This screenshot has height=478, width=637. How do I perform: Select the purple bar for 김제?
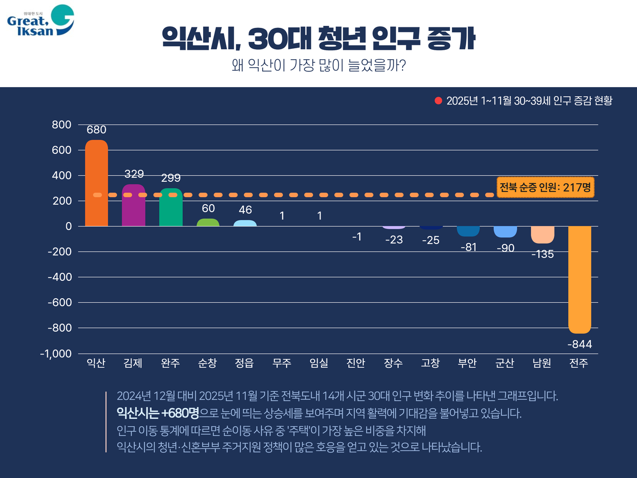133,205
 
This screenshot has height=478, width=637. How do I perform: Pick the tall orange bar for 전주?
580,279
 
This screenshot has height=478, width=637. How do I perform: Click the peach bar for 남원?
542,235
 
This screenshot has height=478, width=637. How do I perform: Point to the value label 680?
97,130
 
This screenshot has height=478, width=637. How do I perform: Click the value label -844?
580,345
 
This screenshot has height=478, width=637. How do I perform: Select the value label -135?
542,254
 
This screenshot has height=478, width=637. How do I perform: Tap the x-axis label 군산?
505,363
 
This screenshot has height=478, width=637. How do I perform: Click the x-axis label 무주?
282,363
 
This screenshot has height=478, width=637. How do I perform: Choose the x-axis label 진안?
356,363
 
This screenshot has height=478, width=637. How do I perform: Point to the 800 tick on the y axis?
62,125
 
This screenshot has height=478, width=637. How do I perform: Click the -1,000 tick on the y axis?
56,354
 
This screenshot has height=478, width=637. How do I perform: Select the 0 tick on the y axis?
69,227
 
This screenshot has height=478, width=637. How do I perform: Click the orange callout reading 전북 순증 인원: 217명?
545,188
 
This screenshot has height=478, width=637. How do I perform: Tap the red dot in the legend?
438,101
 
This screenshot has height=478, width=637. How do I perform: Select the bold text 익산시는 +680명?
158,413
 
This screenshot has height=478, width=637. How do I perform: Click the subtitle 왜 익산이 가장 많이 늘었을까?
318,66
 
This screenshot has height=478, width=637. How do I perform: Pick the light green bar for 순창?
208,223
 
